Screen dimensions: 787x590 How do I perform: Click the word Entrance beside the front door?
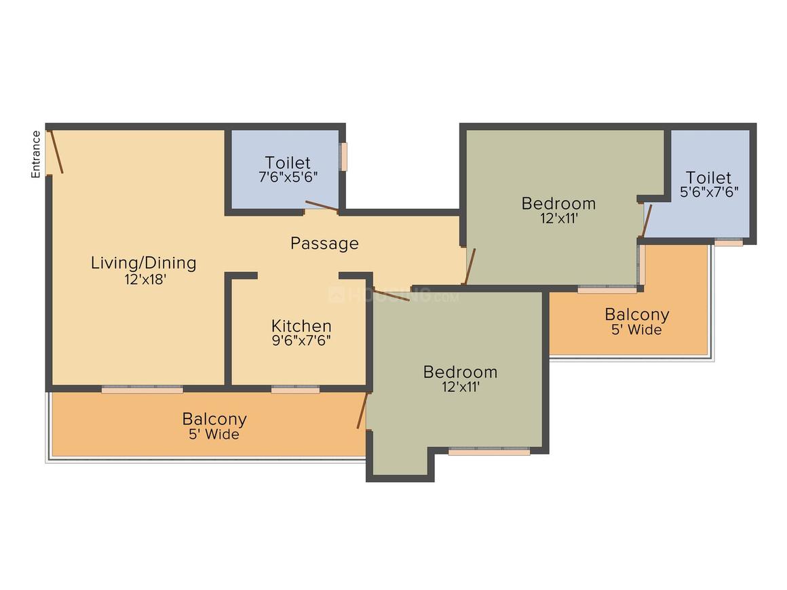point(36,154)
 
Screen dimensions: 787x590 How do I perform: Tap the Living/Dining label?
point(144,263)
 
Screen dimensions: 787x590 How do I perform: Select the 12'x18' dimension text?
point(145,279)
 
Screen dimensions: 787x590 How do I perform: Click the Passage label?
point(324,243)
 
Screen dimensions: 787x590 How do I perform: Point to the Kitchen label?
point(301,326)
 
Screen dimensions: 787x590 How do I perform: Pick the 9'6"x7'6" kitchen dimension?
point(301,340)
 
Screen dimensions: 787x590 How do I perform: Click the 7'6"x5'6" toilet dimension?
point(288,177)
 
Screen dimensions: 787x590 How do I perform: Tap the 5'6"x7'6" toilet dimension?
point(709,192)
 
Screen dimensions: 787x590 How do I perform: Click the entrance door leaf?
point(55,152)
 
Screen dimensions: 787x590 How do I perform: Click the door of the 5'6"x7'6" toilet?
point(647,220)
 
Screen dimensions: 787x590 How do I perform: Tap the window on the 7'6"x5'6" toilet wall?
point(344,157)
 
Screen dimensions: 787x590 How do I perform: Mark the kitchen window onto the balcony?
point(296,389)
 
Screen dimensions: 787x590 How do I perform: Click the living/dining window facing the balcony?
point(142,389)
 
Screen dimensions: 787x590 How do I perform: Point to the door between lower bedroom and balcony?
point(362,411)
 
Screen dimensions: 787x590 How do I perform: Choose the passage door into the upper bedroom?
point(470,267)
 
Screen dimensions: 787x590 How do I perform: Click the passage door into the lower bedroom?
point(391,295)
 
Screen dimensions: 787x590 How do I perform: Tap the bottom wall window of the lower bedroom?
point(489,451)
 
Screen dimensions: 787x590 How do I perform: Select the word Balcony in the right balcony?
point(637,315)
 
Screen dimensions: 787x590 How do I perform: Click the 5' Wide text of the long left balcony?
point(214,434)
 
